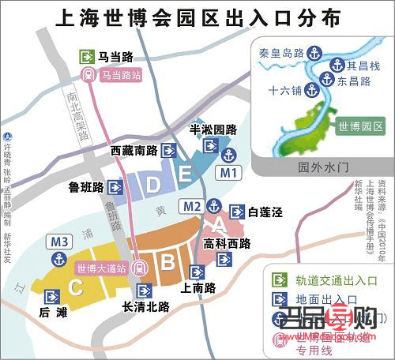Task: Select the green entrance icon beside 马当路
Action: pos(87,57)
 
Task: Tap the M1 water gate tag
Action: pos(228,172)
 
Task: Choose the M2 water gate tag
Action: pos(191,207)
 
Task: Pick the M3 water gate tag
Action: pos(59,241)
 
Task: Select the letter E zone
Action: pos(184,174)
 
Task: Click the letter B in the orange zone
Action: pos(167,259)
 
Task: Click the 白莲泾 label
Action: pos(265,212)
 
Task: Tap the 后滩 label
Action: pos(52,313)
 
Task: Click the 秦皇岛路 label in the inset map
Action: pos(281,53)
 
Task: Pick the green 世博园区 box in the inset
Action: pos(360,126)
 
